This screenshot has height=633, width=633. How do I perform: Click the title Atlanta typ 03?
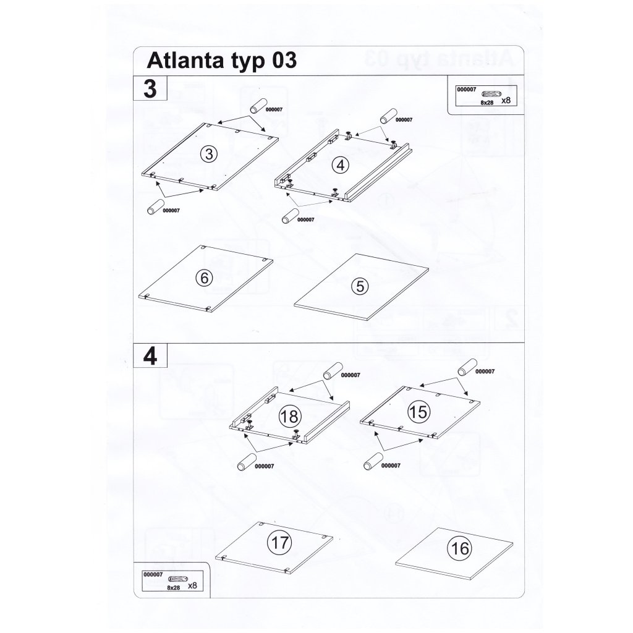click(x=222, y=60)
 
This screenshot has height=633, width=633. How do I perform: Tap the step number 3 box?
click(x=150, y=88)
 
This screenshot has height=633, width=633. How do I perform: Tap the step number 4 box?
click(x=150, y=355)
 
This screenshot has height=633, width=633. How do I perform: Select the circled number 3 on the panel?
click(x=209, y=154)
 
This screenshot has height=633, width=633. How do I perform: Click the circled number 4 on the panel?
click(x=341, y=164)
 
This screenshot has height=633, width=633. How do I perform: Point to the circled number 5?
click(x=360, y=286)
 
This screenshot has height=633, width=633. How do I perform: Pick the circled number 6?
click(x=204, y=278)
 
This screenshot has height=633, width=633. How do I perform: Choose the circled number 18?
click(x=290, y=416)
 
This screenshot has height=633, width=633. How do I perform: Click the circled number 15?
click(x=418, y=412)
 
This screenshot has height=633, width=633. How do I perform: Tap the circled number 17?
click(x=279, y=542)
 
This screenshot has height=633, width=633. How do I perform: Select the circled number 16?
click(x=460, y=548)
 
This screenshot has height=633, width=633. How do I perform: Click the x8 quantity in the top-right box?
click(x=506, y=101)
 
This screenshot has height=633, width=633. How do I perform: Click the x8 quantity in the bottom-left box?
click(x=193, y=585)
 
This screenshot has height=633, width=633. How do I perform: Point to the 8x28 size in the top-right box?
click(x=487, y=103)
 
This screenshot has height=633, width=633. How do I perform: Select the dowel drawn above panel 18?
click(x=333, y=371)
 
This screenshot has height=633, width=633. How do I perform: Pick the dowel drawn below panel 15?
click(x=373, y=461)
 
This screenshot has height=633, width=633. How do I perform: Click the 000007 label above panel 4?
click(x=404, y=120)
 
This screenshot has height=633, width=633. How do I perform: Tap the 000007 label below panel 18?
click(x=265, y=466)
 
